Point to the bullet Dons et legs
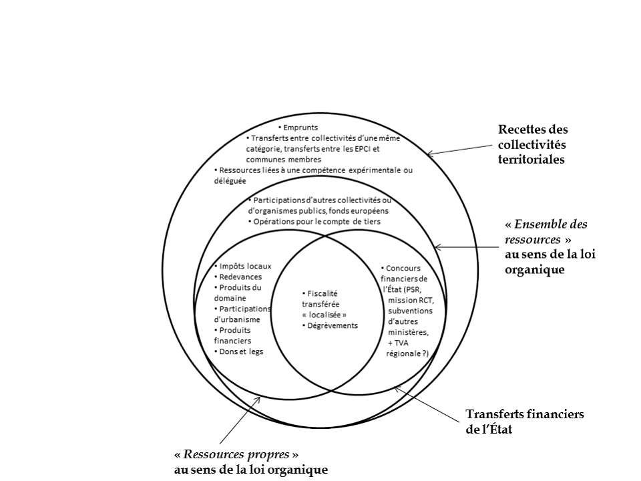(x=240, y=351)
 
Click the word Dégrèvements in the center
(x=332, y=325)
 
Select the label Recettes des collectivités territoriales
(x=532, y=144)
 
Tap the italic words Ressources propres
(x=236, y=454)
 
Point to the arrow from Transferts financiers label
(x=427, y=404)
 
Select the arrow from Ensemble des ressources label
(x=467, y=247)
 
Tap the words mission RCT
(x=405, y=300)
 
